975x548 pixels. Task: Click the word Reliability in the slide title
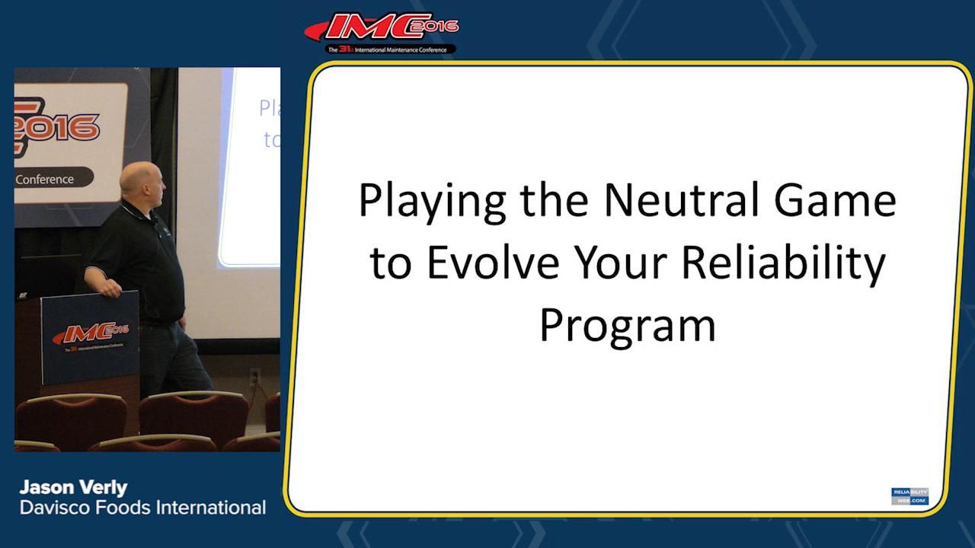783,263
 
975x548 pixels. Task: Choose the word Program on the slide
627,326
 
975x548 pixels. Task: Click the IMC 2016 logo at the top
381,29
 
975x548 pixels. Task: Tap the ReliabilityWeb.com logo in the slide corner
909,496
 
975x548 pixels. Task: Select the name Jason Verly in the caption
73,487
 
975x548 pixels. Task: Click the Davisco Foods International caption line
142,508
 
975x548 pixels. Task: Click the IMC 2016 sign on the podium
90,334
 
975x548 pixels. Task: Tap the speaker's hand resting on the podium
112,288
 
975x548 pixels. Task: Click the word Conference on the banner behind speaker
45,180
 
